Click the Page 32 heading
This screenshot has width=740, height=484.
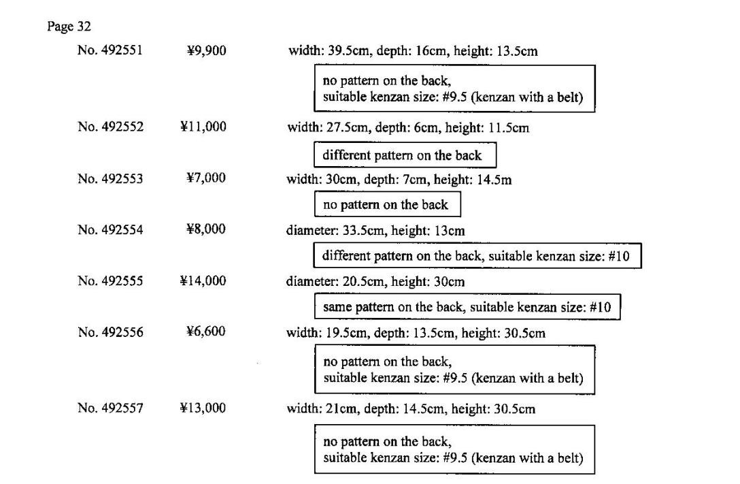(69, 27)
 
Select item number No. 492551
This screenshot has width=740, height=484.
(110, 50)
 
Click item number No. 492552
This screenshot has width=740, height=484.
(110, 127)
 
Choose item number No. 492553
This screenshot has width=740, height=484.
(110, 178)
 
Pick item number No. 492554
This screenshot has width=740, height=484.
(110, 229)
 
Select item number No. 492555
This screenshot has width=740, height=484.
(110, 280)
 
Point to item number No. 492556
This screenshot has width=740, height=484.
(110, 332)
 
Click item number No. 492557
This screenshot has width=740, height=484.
(110, 408)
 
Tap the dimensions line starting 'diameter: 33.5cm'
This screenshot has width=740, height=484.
(375, 231)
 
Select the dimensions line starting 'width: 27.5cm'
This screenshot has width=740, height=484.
(408, 127)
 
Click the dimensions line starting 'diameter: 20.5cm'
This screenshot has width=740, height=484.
(375, 281)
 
